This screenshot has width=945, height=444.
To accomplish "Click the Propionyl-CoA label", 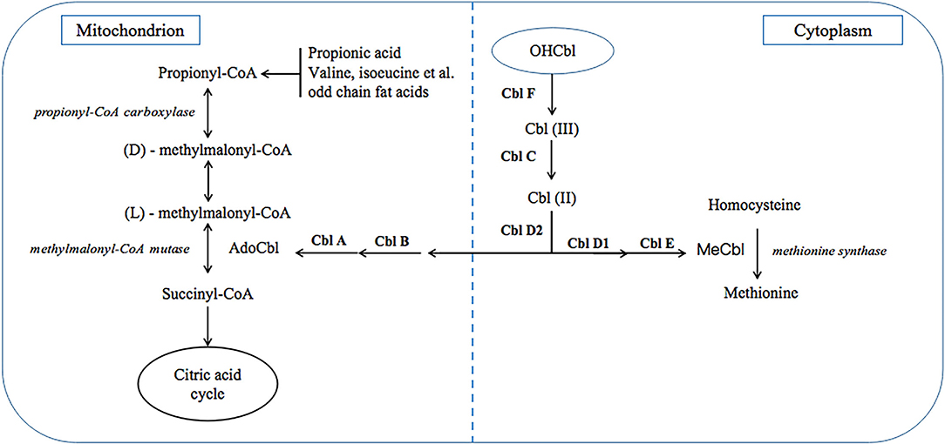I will pyautogui.click(x=207, y=75).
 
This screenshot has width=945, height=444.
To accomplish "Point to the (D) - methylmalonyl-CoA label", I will pyautogui.click(x=207, y=151).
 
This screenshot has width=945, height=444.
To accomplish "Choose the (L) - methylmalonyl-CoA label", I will pyautogui.click(x=207, y=212).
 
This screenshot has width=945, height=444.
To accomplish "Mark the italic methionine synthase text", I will pyautogui.click(x=829, y=251).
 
